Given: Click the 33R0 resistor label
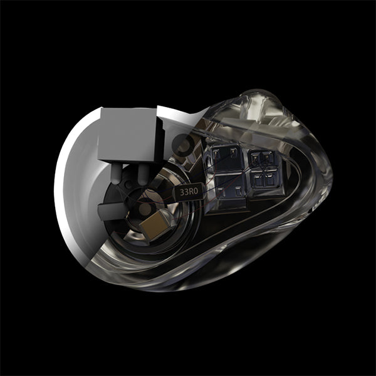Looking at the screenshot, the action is [189, 192].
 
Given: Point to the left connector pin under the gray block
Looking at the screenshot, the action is [117, 174].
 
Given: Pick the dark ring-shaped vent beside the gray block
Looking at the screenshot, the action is [184, 145].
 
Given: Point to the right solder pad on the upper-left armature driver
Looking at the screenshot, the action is [233, 152].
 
